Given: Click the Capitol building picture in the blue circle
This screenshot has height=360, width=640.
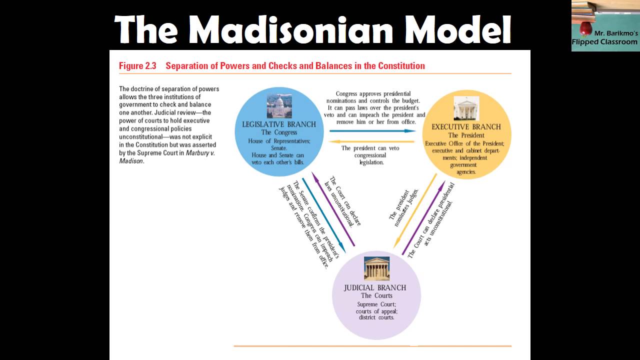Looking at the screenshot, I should tap(279, 106).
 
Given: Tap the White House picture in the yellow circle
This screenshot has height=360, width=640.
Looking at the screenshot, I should tap(466, 108).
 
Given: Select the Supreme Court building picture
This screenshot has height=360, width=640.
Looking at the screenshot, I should tap(376, 269).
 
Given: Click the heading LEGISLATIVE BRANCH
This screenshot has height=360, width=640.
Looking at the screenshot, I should tap(279, 124).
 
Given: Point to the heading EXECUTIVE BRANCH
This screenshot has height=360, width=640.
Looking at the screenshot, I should tap(466, 127).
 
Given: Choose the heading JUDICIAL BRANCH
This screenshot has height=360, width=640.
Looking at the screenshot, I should tap(375, 288).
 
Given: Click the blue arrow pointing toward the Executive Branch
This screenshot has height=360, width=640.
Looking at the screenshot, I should tap(372, 131).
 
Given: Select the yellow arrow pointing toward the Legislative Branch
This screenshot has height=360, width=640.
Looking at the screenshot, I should tap(372, 142).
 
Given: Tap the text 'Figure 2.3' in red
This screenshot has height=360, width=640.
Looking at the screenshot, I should tap(137, 66).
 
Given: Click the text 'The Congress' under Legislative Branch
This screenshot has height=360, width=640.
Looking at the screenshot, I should tap(279, 132).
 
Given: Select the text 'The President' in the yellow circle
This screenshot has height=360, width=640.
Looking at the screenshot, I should tap(466, 135).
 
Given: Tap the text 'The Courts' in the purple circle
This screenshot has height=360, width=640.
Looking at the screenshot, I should tap(376, 295).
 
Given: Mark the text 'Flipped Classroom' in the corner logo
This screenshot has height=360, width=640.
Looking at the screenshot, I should tap(604, 42).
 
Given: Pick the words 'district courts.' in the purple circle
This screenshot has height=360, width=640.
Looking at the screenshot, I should tap(376, 317).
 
